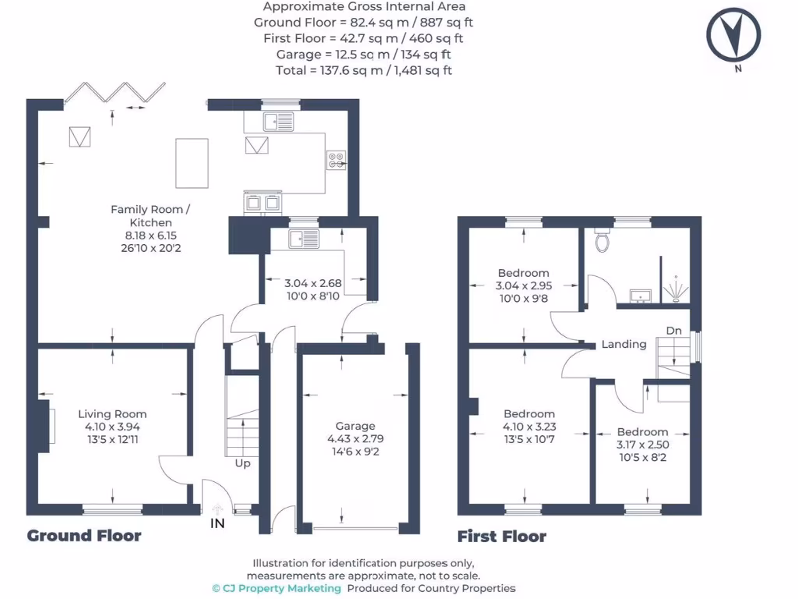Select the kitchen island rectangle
pyautogui.click(x=192, y=162)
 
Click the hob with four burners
pyautogui.click(x=337, y=160)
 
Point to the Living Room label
pyautogui.click(x=112, y=414)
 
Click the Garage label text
pyautogui.click(x=355, y=426)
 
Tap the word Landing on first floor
pyautogui.click(x=623, y=344)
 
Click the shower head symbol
pyautogui.click(x=676, y=289)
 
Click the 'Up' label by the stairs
pyautogui.click(x=243, y=463)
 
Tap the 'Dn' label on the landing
pyautogui.click(x=674, y=331)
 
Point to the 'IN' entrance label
pyautogui.click(x=217, y=523)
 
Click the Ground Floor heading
pyautogui.click(x=84, y=536)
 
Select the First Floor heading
pyautogui.click(x=501, y=537)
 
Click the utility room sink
pyautogui.click(x=302, y=238)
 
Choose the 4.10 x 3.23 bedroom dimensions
pyautogui.click(x=529, y=427)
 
